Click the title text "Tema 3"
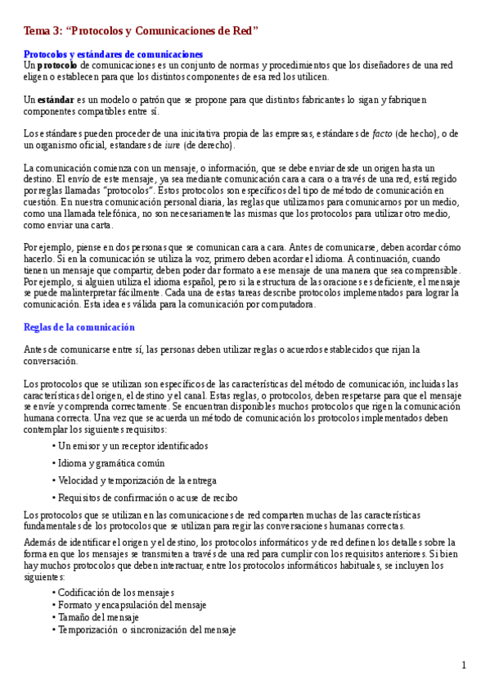[x=42, y=31]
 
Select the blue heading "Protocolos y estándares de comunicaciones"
[x=113, y=54]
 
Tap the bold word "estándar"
[x=56, y=100]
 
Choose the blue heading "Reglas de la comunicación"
[x=79, y=327]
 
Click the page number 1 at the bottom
[x=464, y=665]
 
